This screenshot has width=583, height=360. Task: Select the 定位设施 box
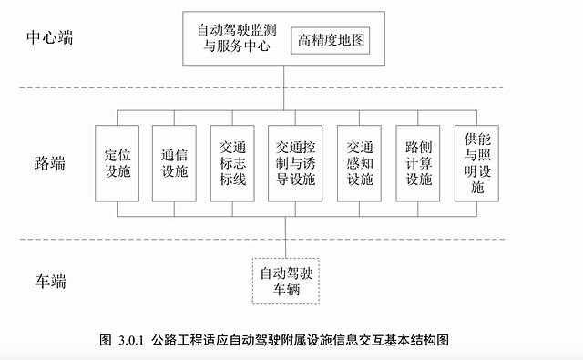pyautogui.click(x=117, y=162)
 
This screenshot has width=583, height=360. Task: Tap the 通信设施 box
pyautogui.click(x=174, y=162)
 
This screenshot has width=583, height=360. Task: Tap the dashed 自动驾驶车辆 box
pyautogui.click(x=286, y=281)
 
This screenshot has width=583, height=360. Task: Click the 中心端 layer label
pyautogui.click(x=54, y=40)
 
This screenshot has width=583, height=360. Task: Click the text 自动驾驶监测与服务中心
pyautogui.click(x=235, y=37)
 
